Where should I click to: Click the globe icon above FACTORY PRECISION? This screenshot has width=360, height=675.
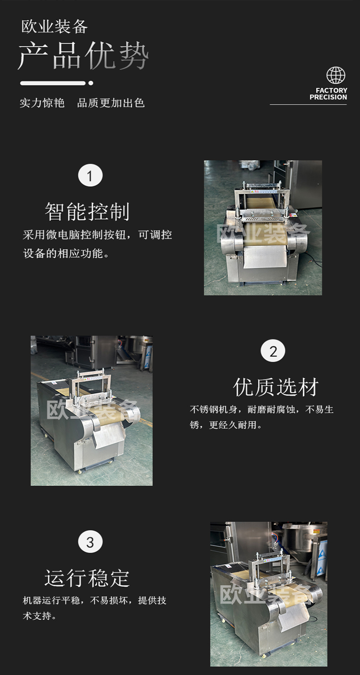point(336,75)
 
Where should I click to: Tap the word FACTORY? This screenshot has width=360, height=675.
point(331,90)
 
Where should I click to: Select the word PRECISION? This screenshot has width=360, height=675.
point(328,97)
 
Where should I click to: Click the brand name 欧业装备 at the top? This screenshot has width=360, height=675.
point(54,27)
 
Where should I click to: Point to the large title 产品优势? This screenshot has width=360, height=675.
point(83,56)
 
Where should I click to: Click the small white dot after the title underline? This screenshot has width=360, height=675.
point(91,83)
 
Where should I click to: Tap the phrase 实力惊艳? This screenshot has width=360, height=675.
point(42,103)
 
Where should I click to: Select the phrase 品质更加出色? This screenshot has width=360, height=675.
point(111,103)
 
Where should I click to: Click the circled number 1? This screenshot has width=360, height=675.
point(90,175)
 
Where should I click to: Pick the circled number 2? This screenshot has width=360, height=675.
point(273,351)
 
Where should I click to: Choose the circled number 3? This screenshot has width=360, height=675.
point(90,542)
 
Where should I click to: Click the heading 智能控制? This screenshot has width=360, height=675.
point(87,211)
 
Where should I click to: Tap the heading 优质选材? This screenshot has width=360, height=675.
point(276,387)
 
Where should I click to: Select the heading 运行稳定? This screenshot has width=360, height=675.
point(87,578)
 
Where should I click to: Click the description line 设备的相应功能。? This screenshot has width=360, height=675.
point(66,253)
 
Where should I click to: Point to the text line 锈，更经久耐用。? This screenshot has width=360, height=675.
point(226,425)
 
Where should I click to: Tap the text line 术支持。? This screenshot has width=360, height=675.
point(40,616)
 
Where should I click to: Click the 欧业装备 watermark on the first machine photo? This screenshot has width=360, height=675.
point(263,234)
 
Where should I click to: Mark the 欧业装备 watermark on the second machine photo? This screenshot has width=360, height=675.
point(93,410)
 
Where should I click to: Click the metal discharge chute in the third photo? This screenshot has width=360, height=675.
point(294,613)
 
